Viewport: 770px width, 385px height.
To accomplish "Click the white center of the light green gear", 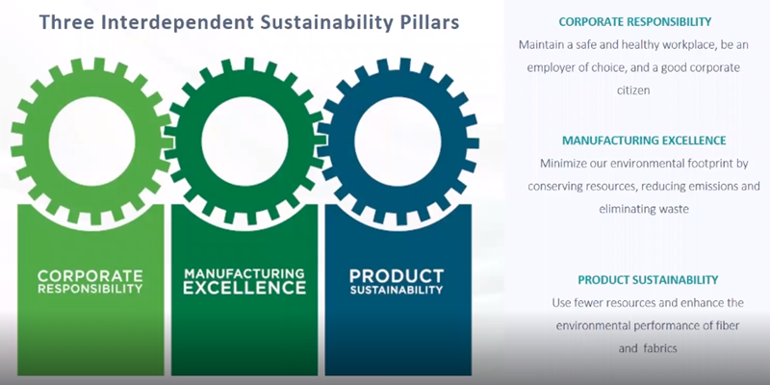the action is click(x=91, y=141).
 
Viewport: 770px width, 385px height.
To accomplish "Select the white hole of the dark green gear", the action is click(x=244, y=141).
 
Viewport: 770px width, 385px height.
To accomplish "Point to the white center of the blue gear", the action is click(x=398, y=141).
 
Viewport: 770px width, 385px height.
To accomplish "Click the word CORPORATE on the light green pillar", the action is click(x=90, y=275).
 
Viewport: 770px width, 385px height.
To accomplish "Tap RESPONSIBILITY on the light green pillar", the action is click(x=90, y=289).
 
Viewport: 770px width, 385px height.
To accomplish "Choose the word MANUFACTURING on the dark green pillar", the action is click(x=244, y=273).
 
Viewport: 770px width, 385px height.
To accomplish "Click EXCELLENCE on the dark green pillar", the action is click(x=244, y=288).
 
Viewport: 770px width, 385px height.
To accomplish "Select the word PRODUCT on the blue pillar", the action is click(x=397, y=275).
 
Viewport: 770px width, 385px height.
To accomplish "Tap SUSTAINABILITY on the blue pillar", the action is click(x=397, y=290).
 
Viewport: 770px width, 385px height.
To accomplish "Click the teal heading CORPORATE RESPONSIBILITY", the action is click(x=635, y=22).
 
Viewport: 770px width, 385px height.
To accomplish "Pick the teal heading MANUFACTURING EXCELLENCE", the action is click(x=644, y=141).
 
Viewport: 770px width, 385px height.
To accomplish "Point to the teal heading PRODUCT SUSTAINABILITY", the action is click(x=648, y=280).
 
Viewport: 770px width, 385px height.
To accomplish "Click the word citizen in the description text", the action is click(x=633, y=90).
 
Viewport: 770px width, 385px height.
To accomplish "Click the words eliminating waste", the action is click(x=644, y=209).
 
